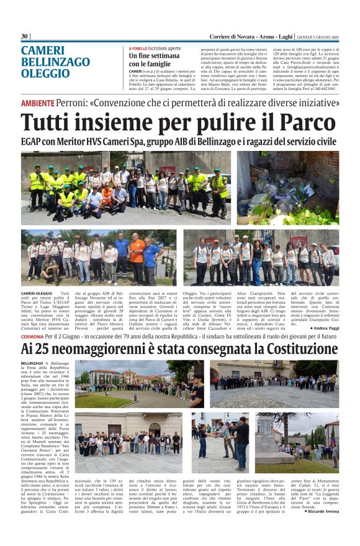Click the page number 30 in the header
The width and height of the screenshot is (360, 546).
tap(24, 37)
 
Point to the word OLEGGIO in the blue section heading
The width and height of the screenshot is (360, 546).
tap(42, 73)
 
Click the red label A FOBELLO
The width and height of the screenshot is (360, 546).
tap(138, 48)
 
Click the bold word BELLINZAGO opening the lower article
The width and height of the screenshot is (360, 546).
tap(32, 362)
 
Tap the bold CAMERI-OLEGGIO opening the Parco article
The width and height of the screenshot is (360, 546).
tap(36, 292)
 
